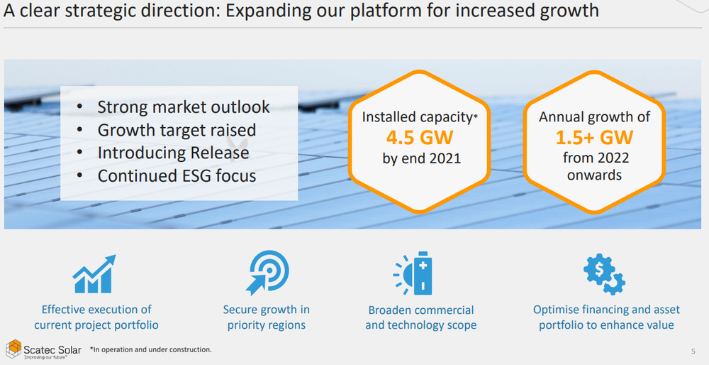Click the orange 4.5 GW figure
click(419, 138)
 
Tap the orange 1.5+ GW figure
click(594, 138)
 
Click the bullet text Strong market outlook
click(184, 107)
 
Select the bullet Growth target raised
click(177, 130)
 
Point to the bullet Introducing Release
click(173, 153)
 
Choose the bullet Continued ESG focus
click(177, 175)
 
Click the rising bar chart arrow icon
click(94, 274)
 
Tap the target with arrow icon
click(267, 273)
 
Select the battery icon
click(413, 273)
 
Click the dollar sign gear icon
click(604, 273)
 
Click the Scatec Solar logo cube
click(13, 349)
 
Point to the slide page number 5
click(693, 351)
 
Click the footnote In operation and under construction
click(150, 349)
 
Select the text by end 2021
click(421, 158)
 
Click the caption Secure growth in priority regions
click(267, 317)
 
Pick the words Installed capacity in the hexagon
click(417, 118)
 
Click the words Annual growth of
click(594, 117)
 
